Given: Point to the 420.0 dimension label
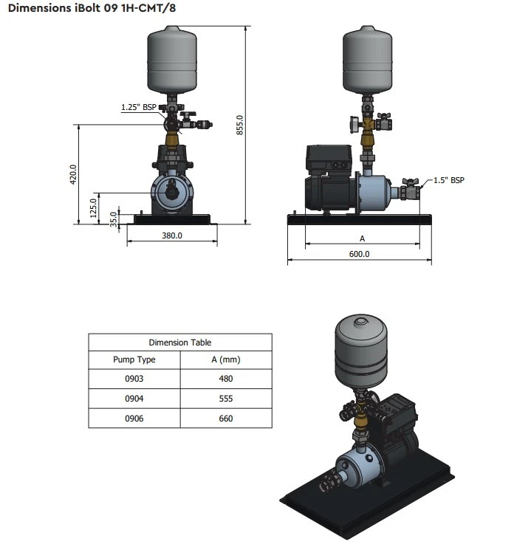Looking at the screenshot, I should pyautogui.click(x=73, y=175).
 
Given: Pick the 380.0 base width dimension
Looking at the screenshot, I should pyautogui.click(x=171, y=236).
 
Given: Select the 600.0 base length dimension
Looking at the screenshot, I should pyautogui.click(x=359, y=254).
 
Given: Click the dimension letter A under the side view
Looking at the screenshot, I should pyautogui.click(x=362, y=238).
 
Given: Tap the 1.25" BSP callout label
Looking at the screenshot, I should pyautogui.click(x=138, y=108).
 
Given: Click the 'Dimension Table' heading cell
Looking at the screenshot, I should pyautogui.click(x=179, y=343).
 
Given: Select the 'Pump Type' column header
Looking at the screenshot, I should pyautogui.click(x=134, y=360).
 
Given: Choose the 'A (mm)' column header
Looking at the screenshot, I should pyautogui.click(x=225, y=360).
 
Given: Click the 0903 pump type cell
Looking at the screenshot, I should pyautogui.click(x=134, y=379).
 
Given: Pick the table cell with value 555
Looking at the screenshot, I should pyautogui.click(x=225, y=399).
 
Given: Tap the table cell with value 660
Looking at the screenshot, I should pyautogui.click(x=225, y=419).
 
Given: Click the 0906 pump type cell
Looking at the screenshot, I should pyautogui.click(x=134, y=419).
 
